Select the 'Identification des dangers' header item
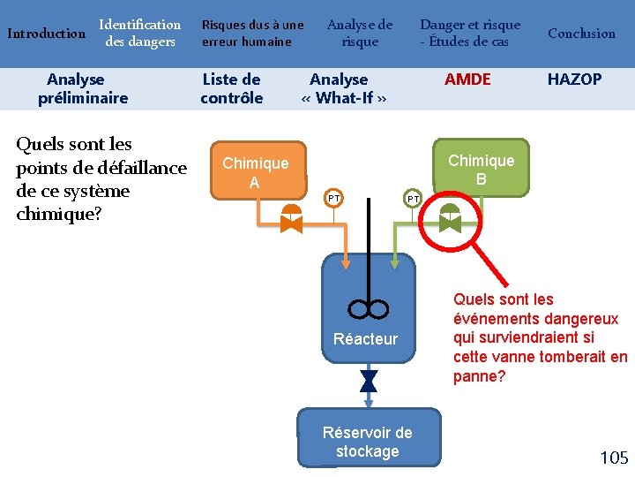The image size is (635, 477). (139, 34)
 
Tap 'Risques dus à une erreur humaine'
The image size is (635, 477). (252, 34)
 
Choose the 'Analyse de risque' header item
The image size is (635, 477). (360, 34)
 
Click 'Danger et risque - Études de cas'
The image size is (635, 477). (469, 34)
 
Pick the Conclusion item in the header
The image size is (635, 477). (581, 34)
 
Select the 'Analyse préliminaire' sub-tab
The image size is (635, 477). (83, 88)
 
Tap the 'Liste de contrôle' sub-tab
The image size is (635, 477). (232, 88)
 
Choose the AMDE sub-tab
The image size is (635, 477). (467, 79)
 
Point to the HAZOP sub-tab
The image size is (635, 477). (574, 79)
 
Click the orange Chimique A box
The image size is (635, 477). (255, 172)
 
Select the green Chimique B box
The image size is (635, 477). (481, 169)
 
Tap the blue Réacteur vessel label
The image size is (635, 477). (365, 338)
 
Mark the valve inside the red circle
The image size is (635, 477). (450, 218)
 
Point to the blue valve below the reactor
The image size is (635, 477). (369, 381)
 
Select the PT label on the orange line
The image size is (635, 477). (333, 199)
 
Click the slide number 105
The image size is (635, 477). (614, 458)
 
